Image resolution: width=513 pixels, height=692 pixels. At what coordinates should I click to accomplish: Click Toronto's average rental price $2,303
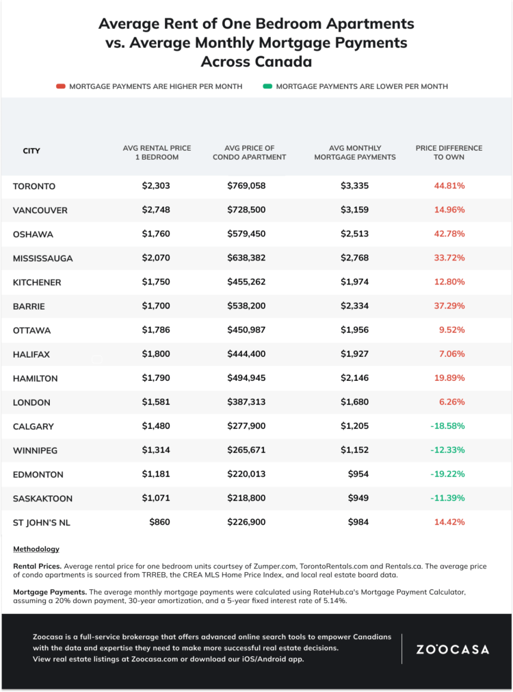[155, 186]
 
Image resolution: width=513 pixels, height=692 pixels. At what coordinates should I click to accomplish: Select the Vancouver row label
[40, 210]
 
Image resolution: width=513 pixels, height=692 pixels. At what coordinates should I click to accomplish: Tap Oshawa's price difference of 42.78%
[449, 234]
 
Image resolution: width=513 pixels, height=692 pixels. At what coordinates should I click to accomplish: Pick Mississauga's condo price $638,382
[246, 258]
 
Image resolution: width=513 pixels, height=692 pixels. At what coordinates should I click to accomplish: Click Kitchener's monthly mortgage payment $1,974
[354, 282]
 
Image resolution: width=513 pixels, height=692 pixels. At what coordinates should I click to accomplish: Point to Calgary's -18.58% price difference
[447, 426]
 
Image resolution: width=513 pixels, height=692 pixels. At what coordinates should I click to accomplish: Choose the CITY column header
[31, 151]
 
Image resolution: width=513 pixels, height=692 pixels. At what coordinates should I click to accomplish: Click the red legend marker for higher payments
[61, 86]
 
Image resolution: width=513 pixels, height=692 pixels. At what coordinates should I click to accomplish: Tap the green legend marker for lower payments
[267, 86]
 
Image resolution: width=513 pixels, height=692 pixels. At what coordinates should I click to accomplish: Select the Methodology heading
[36, 549]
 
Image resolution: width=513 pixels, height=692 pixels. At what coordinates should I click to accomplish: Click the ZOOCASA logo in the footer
[453, 650]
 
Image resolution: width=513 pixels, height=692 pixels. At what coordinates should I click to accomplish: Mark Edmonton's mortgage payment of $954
[358, 474]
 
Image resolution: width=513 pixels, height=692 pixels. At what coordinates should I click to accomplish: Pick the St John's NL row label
[42, 523]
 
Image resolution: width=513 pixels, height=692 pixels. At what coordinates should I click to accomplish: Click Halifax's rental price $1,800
[155, 354]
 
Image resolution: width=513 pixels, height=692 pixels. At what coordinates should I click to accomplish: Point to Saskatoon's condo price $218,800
[246, 498]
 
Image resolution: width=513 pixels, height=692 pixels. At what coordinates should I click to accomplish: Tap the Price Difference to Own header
[449, 152]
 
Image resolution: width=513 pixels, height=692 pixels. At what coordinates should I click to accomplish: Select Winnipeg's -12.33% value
[447, 450]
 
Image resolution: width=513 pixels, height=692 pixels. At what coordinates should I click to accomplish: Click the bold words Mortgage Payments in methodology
[50, 592]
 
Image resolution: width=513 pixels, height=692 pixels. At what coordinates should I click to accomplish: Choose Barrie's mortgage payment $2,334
[354, 306]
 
